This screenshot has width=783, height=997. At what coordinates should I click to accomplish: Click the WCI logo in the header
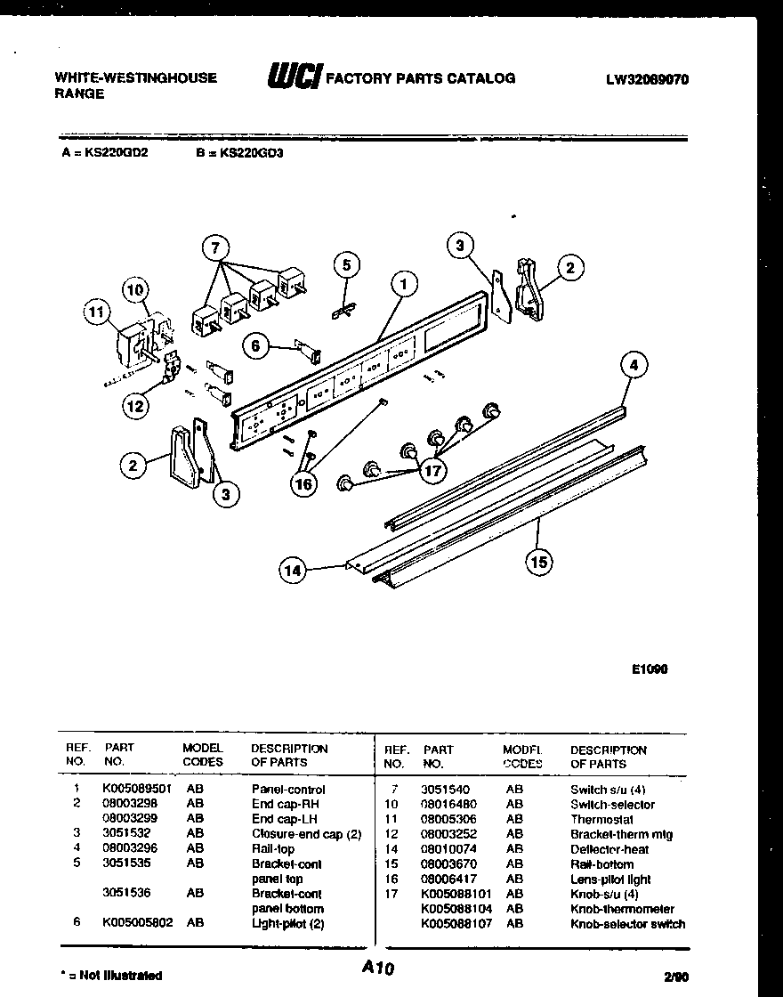[x=293, y=77]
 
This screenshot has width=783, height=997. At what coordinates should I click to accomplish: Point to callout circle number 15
[x=539, y=560]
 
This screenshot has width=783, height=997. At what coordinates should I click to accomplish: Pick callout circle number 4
[x=634, y=364]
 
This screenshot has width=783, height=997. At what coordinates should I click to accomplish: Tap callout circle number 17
[x=432, y=472]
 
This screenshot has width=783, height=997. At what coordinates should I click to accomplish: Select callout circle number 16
[x=303, y=483]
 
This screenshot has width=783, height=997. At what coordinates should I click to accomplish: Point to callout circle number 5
[x=347, y=263]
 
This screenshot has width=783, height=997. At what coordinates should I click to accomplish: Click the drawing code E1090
[x=650, y=669]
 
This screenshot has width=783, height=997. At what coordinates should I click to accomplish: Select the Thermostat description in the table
[x=601, y=819]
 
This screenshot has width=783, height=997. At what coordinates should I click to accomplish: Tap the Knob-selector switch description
[x=626, y=923]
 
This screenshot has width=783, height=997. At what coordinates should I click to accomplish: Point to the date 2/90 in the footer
[x=675, y=976]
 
